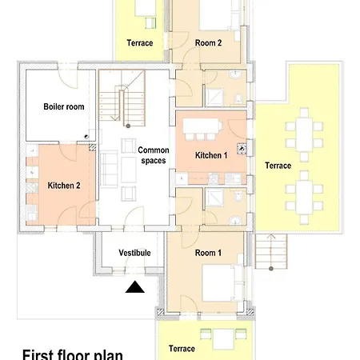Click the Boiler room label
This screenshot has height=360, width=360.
tap(64, 106)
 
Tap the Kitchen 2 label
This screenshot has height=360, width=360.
tap(64, 186)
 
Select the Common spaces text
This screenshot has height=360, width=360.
tap(154, 155)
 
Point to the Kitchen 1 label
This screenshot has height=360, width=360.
tap(211, 155)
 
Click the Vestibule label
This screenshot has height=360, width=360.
tap(134, 253)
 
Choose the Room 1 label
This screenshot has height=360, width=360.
tap(208, 253)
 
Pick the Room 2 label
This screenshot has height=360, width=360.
tap(208, 42)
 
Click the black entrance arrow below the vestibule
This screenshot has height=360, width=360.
tap(135, 287)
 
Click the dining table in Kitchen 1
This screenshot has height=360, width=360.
tap(201, 126)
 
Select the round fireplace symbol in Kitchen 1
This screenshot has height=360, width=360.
tap(242, 149)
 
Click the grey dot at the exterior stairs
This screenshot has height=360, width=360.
tap(271, 269)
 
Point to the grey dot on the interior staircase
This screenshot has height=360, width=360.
tap(128, 126)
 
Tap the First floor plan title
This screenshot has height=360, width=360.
tap(73, 354)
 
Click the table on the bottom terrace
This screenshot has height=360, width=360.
tap(223, 338)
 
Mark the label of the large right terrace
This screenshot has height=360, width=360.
tap(278, 166)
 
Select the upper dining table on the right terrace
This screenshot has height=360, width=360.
tap(304, 134)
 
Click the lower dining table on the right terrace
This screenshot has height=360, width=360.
tap(304, 198)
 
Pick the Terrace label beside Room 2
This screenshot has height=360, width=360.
tap(140, 42)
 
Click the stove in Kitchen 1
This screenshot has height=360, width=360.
tap(213, 178)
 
